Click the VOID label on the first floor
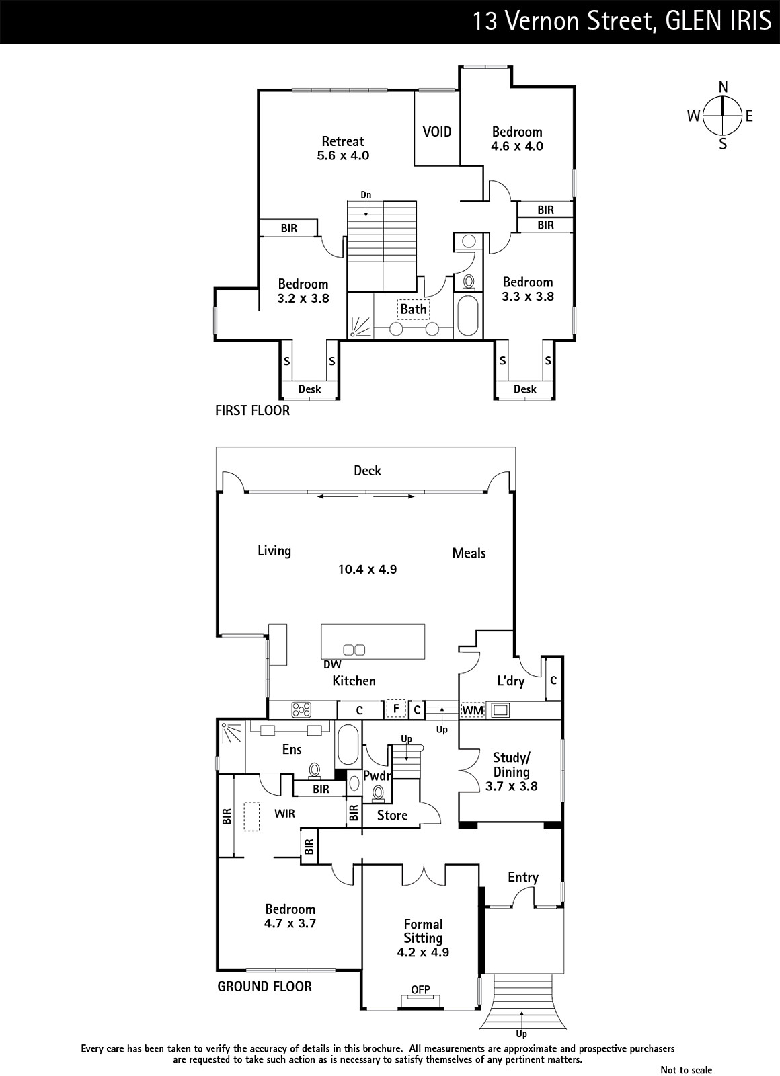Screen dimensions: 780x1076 [436, 132]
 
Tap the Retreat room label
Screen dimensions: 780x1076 [343, 141]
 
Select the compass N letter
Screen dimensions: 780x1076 [723, 87]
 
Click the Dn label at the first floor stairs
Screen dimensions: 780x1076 [366, 194]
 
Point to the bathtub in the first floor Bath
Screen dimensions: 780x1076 [468, 316]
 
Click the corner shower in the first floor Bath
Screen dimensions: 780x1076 [360, 328]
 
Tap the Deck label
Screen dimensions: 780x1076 [367, 471]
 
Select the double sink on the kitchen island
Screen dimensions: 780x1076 [354, 650]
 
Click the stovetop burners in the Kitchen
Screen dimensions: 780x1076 [302, 709]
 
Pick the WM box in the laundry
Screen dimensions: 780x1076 [473, 710]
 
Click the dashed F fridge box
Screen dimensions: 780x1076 [396, 709]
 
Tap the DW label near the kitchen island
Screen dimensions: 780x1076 [332, 664]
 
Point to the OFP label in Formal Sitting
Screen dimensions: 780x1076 [420, 989]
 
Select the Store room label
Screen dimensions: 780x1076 [392, 815]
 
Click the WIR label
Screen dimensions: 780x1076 [285, 814]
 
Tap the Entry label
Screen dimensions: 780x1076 [523, 877]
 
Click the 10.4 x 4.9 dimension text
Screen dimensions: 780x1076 [367, 569]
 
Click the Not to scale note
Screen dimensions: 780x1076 [687, 1069]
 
